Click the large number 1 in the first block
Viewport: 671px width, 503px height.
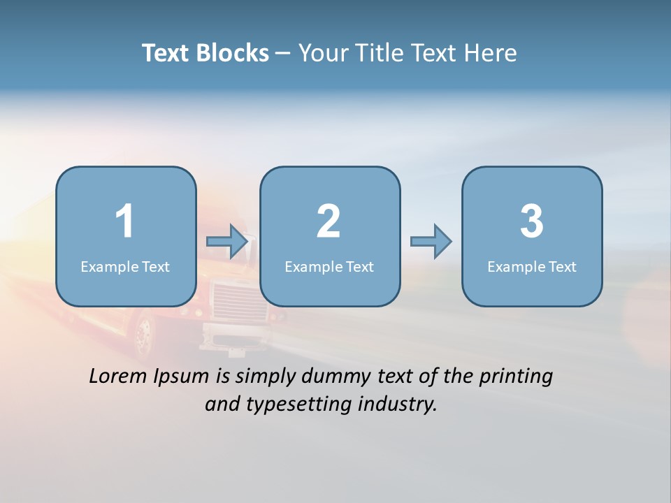(124, 221)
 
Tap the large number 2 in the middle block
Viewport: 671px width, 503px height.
(329, 221)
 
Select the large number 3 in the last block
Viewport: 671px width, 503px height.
(532, 221)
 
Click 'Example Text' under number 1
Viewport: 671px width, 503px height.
(125, 266)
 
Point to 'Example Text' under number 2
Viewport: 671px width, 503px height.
(329, 266)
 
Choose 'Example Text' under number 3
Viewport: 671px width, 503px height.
(532, 266)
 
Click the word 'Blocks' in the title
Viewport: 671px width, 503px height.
(232, 53)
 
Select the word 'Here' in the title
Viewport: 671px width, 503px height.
(492, 53)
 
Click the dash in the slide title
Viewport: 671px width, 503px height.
(283, 54)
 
